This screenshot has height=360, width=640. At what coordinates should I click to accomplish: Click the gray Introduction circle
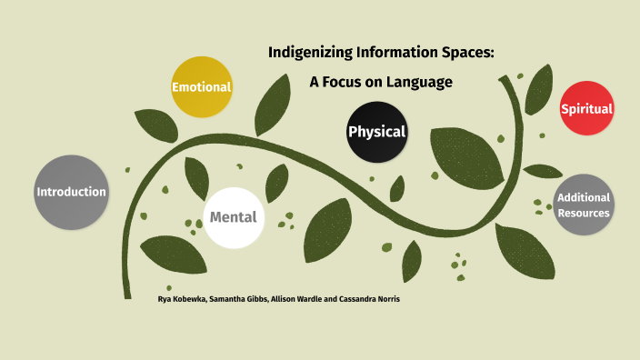pyautogui.click(x=71, y=192)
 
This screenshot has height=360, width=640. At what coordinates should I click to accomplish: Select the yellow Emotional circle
pyautogui.click(x=202, y=87)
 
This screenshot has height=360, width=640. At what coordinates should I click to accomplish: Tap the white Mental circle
pyautogui.click(x=234, y=217)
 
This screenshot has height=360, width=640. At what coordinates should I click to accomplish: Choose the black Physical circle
pyautogui.click(x=376, y=132)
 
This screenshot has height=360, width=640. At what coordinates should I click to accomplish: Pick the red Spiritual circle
pyautogui.click(x=586, y=109)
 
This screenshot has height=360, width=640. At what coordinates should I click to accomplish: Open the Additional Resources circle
pyautogui.click(x=584, y=205)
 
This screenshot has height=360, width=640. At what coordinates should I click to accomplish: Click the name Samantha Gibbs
pyautogui.click(x=236, y=298)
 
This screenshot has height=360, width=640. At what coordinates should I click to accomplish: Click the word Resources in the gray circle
pyautogui.click(x=584, y=214)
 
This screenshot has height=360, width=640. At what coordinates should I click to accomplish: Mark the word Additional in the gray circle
pyautogui.click(x=584, y=198)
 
